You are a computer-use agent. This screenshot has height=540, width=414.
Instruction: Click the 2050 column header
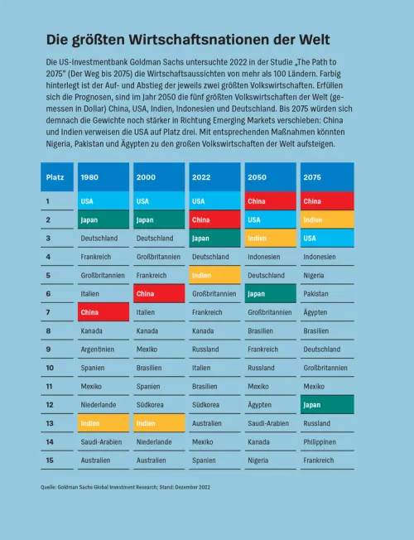click(x=271, y=177)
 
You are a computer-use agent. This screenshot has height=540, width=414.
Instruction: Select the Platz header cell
click(x=57, y=177)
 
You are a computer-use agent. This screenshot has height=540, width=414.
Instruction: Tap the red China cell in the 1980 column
click(x=103, y=312)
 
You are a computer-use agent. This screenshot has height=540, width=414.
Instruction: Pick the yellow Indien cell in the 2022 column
click(x=214, y=275)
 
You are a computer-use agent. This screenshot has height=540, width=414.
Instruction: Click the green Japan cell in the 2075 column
click(x=327, y=405)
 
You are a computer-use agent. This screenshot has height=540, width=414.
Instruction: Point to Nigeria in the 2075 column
click(x=314, y=276)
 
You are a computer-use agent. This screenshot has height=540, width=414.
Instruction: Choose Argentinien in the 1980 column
click(x=98, y=350)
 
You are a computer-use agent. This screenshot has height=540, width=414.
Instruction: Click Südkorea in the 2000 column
click(x=150, y=405)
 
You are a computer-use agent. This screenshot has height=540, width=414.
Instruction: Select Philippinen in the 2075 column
click(x=320, y=441)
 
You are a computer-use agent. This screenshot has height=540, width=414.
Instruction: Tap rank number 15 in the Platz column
click(x=50, y=460)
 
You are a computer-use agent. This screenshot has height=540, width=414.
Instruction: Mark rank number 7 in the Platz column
click(x=48, y=312)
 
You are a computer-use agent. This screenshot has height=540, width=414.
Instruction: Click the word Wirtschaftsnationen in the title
click(x=199, y=40)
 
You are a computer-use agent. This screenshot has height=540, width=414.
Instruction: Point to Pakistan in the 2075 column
click(x=315, y=294)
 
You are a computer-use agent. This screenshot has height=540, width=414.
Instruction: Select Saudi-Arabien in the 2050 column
click(x=268, y=423)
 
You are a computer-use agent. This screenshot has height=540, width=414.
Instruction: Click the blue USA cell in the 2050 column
click(x=271, y=219)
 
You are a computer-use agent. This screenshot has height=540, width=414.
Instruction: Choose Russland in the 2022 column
click(x=205, y=350)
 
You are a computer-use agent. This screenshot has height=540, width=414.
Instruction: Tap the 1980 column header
click(x=103, y=177)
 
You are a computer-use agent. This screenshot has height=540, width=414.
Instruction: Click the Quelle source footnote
click(x=125, y=487)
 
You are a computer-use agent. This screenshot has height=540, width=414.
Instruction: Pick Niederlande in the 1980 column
click(x=99, y=405)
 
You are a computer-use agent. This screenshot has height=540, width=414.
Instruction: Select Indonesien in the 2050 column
click(x=264, y=257)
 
